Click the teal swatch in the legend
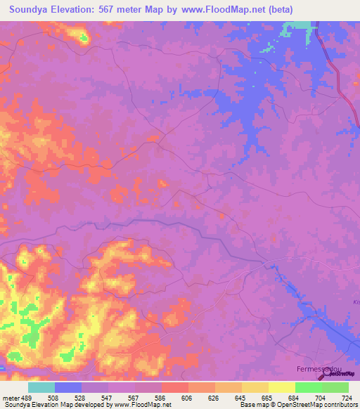point(41,387)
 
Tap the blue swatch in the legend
point(68,387)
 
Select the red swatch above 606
point(175,387)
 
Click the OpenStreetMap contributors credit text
point(310,405)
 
